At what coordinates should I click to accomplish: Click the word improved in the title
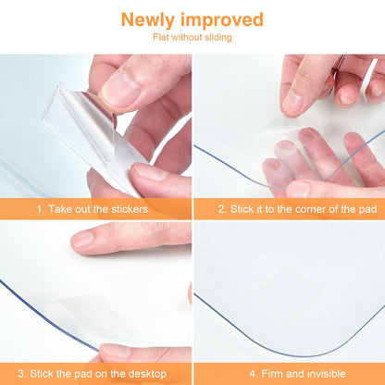coord(222,20)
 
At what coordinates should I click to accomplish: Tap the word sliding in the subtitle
coord(218,37)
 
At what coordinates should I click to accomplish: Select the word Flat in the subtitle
coord(161,37)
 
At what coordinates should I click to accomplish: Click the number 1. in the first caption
coord(41,209)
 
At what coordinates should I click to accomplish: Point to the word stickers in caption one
coord(130,209)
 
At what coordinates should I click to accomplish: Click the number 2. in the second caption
coord(223,209)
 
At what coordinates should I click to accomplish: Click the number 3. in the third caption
coord(22,374)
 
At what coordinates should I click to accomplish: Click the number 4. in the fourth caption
coord(254,374)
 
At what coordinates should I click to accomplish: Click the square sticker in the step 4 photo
coord(289,292)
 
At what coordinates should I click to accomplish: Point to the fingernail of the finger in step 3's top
coord(81,239)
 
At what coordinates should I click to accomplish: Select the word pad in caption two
coord(367,209)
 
